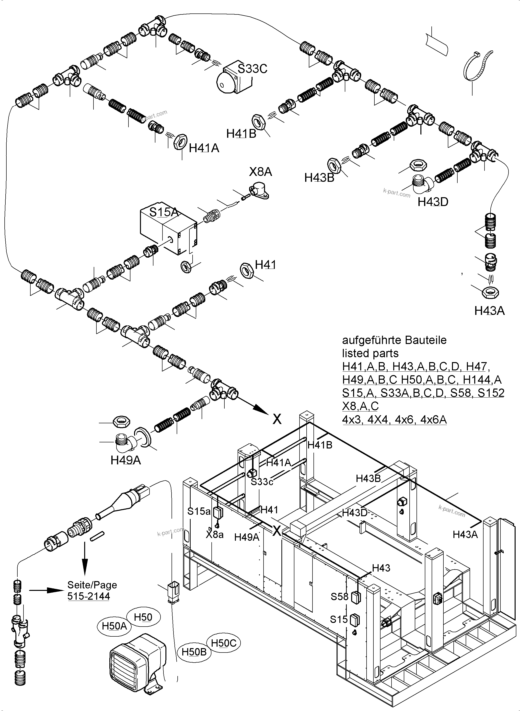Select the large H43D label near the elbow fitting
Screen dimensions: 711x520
433,202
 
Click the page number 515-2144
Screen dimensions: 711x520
88,596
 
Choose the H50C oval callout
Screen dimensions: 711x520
223,643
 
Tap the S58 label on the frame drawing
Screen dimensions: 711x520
339,596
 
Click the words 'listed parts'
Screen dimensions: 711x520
370,353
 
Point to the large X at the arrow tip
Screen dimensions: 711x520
277,419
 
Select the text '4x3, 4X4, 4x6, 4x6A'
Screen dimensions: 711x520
394,420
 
